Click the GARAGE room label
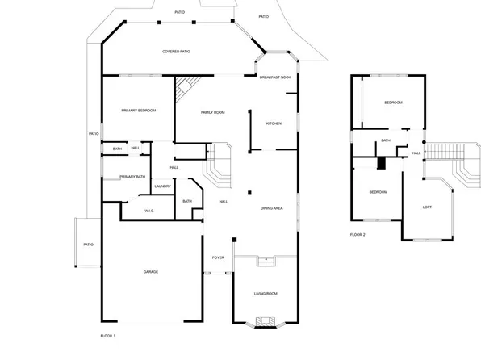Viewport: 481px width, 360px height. pyautogui.click(x=151, y=272)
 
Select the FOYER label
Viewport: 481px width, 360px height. pyautogui.click(x=218, y=257)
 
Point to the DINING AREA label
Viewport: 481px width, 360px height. pyautogui.click(x=271, y=209)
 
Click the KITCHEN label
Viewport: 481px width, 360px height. pyautogui.click(x=274, y=123)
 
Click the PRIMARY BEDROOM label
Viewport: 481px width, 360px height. pyautogui.click(x=138, y=110)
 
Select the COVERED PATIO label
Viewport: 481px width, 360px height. pyautogui.click(x=176, y=52)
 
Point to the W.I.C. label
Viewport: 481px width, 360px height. pyautogui.click(x=149, y=211)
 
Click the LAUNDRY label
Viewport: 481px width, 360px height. pyautogui.click(x=162, y=186)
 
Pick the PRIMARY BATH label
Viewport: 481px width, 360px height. pyautogui.click(x=132, y=177)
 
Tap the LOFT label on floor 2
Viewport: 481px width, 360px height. pyautogui.click(x=428, y=207)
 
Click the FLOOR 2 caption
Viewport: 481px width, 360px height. pyautogui.click(x=358, y=234)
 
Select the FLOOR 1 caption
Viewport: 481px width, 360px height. pyautogui.click(x=108, y=334)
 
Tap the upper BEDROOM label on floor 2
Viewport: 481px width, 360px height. pyautogui.click(x=393, y=103)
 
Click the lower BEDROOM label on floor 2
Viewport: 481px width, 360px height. pyautogui.click(x=378, y=191)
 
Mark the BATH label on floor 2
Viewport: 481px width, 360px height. pyautogui.click(x=386, y=140)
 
